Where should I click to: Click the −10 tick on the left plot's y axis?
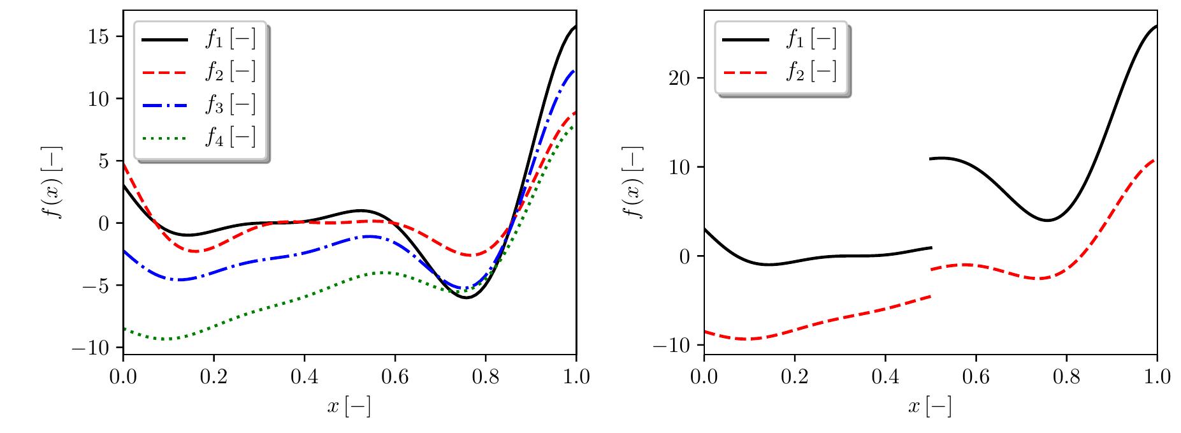94,348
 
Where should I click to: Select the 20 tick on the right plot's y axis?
683,78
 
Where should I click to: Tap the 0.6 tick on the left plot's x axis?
395,377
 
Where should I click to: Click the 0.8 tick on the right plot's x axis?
1066,377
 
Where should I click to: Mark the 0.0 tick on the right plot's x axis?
704,377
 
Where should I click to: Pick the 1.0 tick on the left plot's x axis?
576,377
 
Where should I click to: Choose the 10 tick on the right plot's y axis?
683,167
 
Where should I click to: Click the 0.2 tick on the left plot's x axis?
214,377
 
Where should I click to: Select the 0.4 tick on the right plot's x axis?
885,377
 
